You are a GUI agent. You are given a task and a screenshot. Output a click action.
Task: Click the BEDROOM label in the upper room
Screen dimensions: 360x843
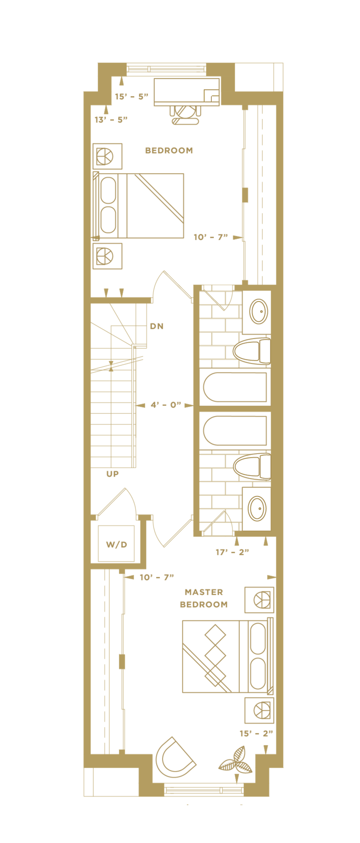pyautogui.click(x=169, y=150)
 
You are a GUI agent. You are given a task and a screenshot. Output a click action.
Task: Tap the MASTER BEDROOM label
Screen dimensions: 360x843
pyautogui.click(x=203, y=598)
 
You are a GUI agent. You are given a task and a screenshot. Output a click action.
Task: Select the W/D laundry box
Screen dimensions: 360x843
pyautogui.click(x=116, y=544)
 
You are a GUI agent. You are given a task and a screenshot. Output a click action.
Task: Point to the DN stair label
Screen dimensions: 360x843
pyautogui.click(x=157, y=326)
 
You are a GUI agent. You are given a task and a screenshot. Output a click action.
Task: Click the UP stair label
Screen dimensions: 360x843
pyautogui.click(x=112, y=474)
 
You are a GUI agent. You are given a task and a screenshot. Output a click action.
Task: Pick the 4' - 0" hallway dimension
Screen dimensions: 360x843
pyautogui.click(x=165, y=405)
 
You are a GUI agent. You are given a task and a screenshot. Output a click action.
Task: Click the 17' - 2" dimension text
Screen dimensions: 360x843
pyautogui.click(x=232, y=552)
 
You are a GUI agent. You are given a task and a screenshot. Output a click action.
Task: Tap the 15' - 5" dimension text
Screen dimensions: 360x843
pyautogui.click(x=131, y=97)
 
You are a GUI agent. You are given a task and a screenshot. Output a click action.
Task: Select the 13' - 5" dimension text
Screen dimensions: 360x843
pyautogui.click(x=111, y=119)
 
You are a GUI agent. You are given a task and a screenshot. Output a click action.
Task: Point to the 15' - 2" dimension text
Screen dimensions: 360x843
pyautogui.click(x=256, y=733)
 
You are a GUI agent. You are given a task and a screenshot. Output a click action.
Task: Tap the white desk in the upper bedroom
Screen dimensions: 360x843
pyautogui.click(x=187, y=92)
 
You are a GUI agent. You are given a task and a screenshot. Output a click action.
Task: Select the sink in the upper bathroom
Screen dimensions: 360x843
pyautogui.click(x=258, y=311)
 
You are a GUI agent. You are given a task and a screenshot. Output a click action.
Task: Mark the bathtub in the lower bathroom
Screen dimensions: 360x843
pyautogui.click(x=234, y=431)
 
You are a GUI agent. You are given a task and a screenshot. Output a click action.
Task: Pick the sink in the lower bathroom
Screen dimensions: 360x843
pyautogui.click(x=257, y=508)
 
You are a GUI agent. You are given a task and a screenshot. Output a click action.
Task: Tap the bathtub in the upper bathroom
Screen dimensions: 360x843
pyautogui.click(x=234, y=387)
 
